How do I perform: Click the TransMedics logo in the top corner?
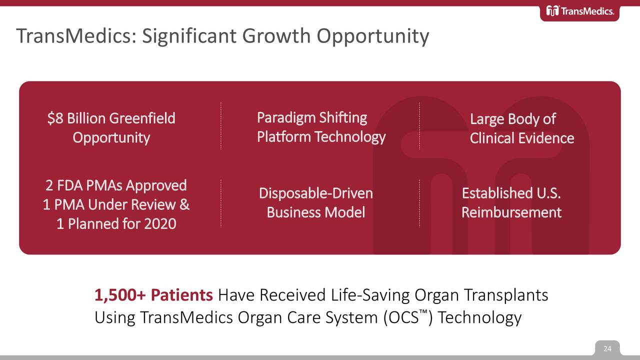579,11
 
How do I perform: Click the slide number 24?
607,348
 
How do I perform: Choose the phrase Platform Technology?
321,136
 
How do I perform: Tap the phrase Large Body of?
512,119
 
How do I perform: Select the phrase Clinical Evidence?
521,138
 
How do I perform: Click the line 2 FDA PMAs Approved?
116,185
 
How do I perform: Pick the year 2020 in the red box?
160,223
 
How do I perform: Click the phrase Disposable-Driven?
315,193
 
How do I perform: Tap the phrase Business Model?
315,212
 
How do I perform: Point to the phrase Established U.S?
511,193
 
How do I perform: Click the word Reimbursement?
511,212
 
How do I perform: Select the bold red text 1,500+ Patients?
153,295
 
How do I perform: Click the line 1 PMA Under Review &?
116,204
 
